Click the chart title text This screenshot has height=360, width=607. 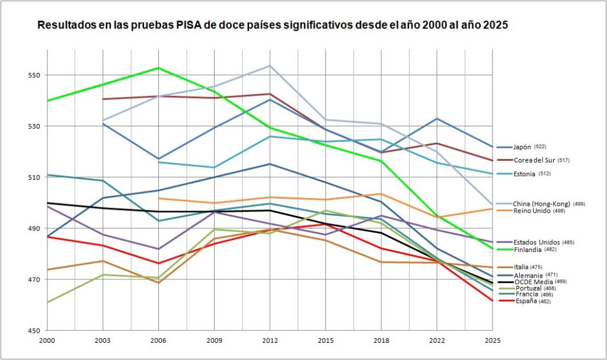click(272, 26)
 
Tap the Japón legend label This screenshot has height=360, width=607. click(522, 147)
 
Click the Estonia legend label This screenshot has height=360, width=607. click(524, 174)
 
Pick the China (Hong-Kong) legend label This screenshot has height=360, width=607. click(541, 204)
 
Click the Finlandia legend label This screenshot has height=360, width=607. click(527, 250)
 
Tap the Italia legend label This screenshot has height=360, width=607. click(521, 267)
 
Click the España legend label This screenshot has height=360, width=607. click(526, 301)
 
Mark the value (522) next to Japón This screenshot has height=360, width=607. click(540, 147)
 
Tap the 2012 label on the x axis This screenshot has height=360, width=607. click(270, 340)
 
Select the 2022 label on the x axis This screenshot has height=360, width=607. click(437, 340)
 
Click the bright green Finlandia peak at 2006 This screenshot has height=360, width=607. click(158, 68)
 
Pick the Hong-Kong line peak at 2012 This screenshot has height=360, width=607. click(270, 65)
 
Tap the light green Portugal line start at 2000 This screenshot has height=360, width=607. click(47, 302)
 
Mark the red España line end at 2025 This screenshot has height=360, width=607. click(493, 301)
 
